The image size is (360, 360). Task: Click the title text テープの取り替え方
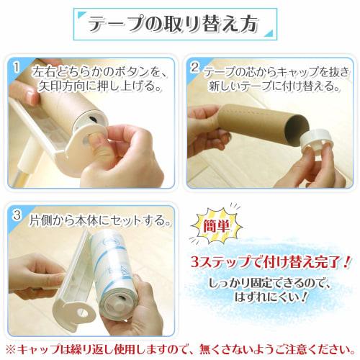(172, 24)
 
